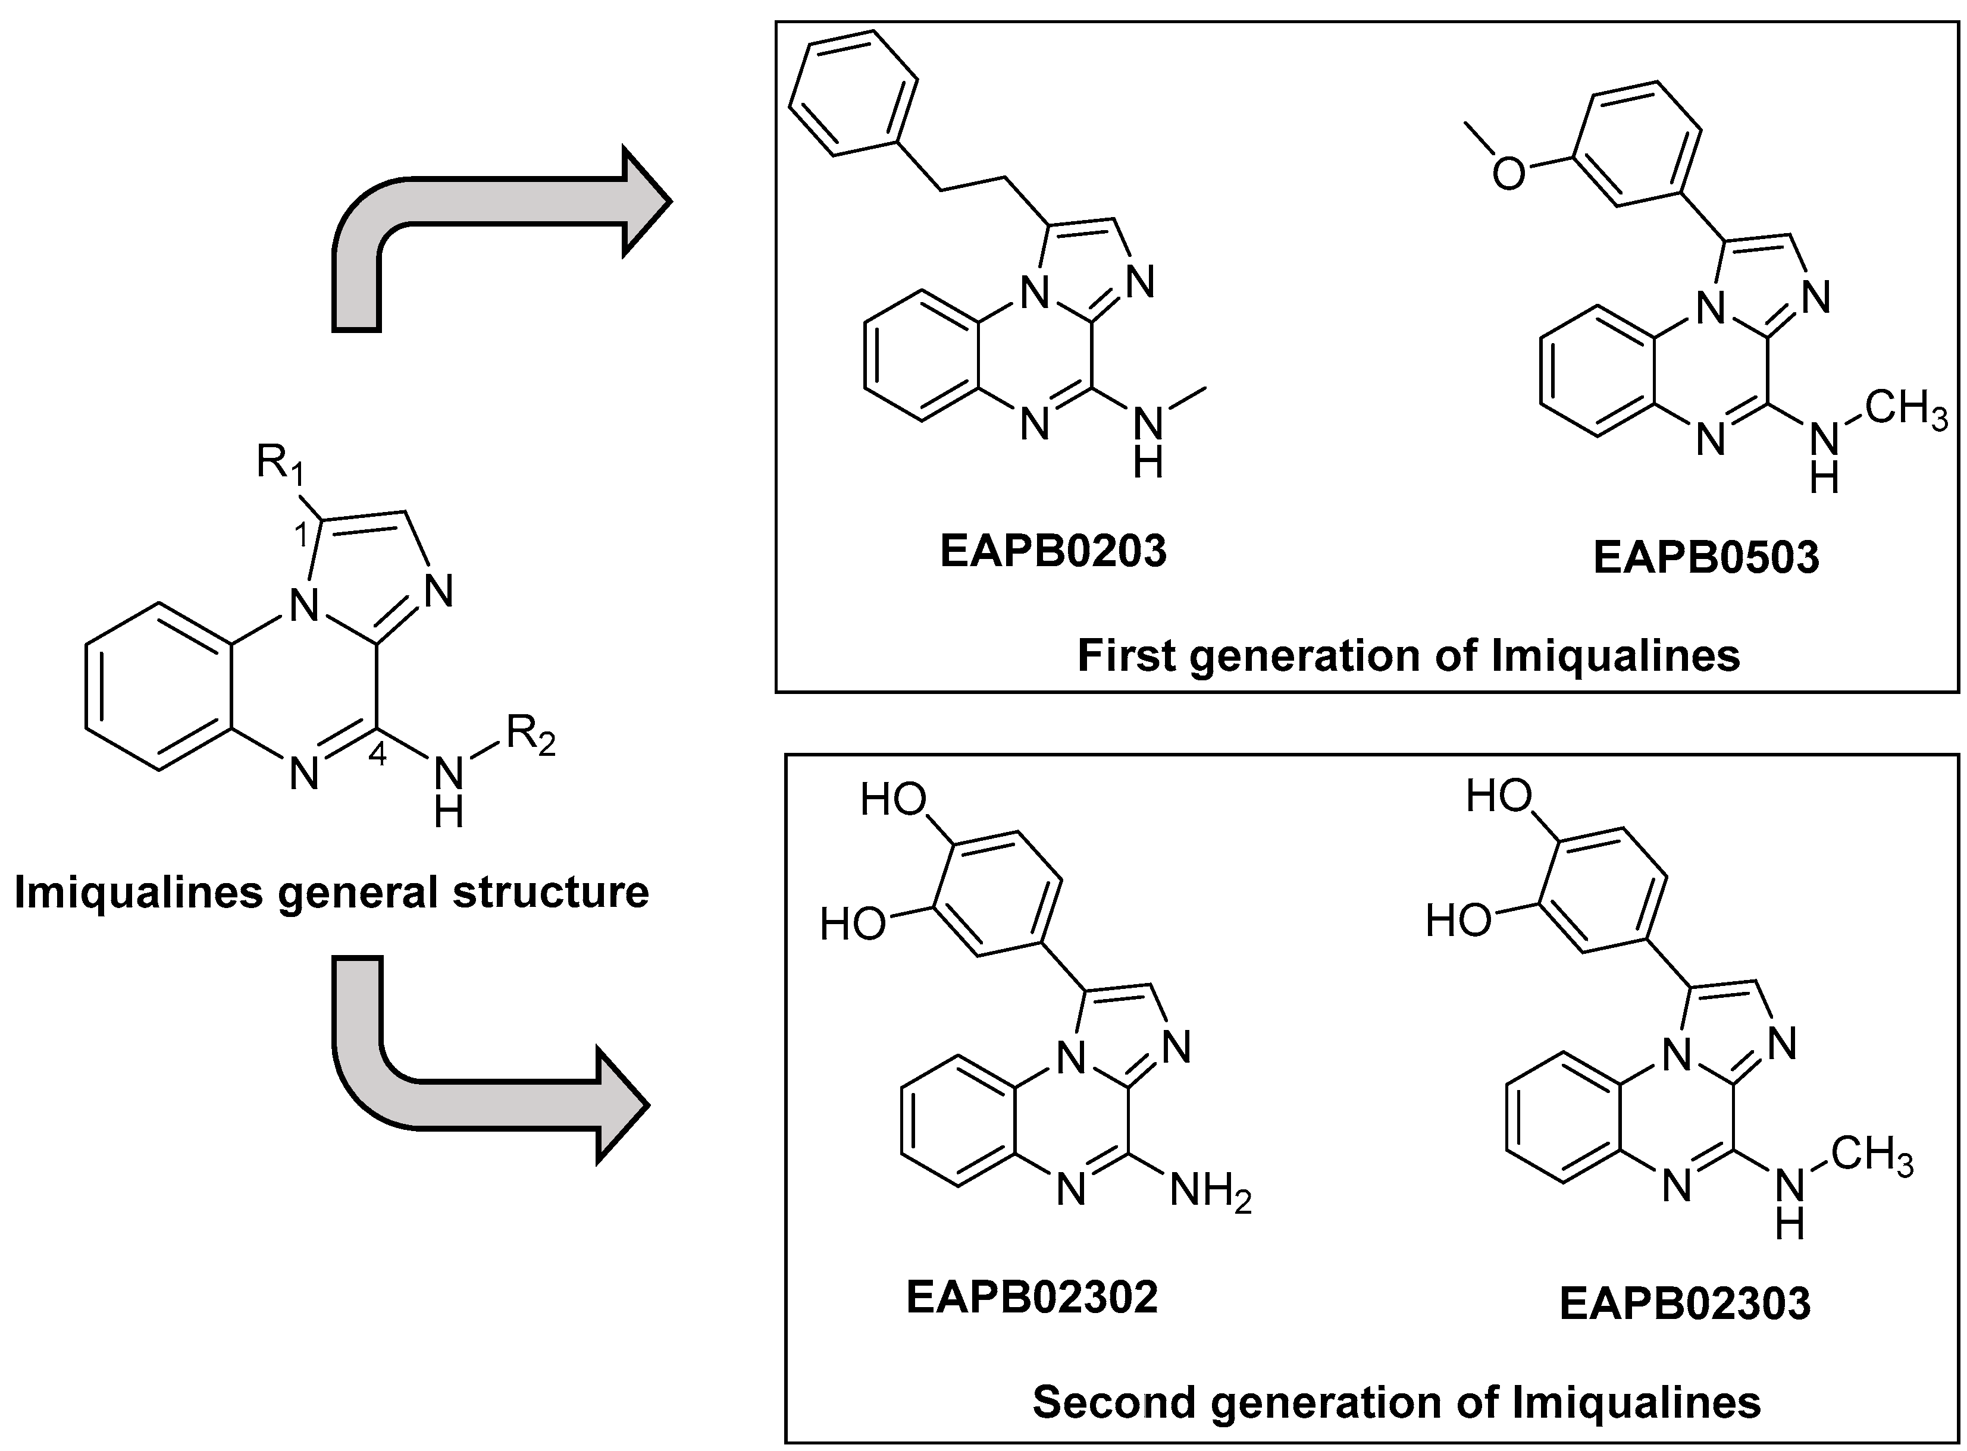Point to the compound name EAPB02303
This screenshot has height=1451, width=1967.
(x=1685, y=1304)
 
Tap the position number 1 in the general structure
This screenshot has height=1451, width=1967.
(x=300, y=534)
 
